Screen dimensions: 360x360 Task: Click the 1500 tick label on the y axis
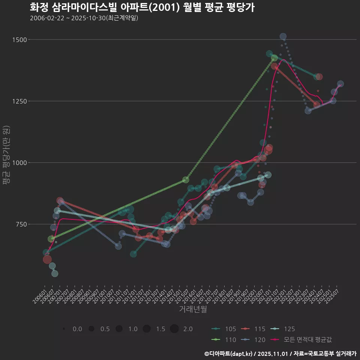coord(19,40)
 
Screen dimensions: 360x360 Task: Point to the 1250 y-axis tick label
coord(19,101)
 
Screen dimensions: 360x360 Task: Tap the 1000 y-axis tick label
coord(19,163)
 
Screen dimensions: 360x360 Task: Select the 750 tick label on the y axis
coord(20,224)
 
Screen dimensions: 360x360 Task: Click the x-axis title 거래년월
coord(193,309)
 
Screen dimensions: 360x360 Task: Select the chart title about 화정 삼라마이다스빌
coord(142,7)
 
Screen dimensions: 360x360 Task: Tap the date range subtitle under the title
coord(84,18)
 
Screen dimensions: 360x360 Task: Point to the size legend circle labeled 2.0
coord(174,329)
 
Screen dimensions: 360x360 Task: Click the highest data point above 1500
coord(283,36)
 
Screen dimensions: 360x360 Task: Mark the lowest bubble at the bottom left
coord(55,273)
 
